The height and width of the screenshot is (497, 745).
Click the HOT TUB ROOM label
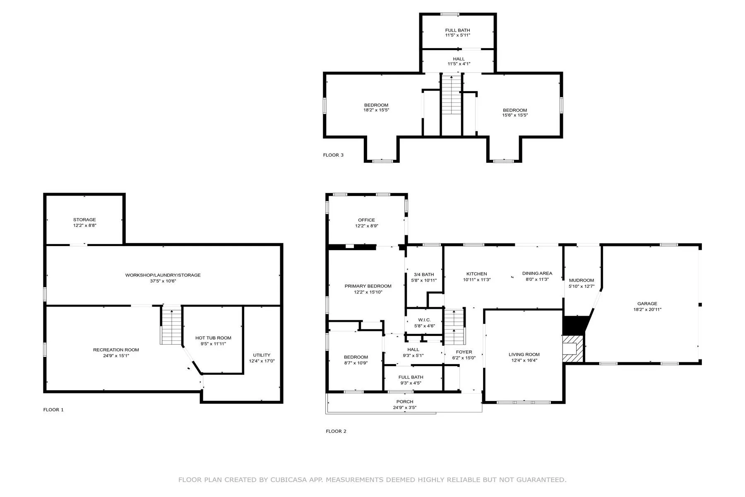point(213,338)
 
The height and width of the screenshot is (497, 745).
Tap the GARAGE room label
point(647,304)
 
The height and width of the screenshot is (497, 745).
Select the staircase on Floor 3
point(451,95)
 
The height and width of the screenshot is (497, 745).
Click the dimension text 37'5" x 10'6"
point(163,281)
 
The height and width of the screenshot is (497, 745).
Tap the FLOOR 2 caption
point(336,431)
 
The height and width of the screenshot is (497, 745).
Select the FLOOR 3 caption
point(333,155)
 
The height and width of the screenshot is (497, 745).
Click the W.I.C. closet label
point(425,320)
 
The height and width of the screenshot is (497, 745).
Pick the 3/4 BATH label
point(424,275)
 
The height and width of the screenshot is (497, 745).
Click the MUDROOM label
point(582,280)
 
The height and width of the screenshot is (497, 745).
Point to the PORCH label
point(405,402)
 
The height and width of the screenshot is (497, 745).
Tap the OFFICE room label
point(367,220)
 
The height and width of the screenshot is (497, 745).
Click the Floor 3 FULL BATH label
point(458,30)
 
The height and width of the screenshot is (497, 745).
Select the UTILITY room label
point(262,355)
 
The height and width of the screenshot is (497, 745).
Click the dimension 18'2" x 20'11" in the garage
point(647,309)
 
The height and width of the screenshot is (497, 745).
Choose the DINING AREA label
point(537,273)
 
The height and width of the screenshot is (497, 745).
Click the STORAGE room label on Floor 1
point(84,220)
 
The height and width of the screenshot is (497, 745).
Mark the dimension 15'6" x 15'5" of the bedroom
point(515,116)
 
